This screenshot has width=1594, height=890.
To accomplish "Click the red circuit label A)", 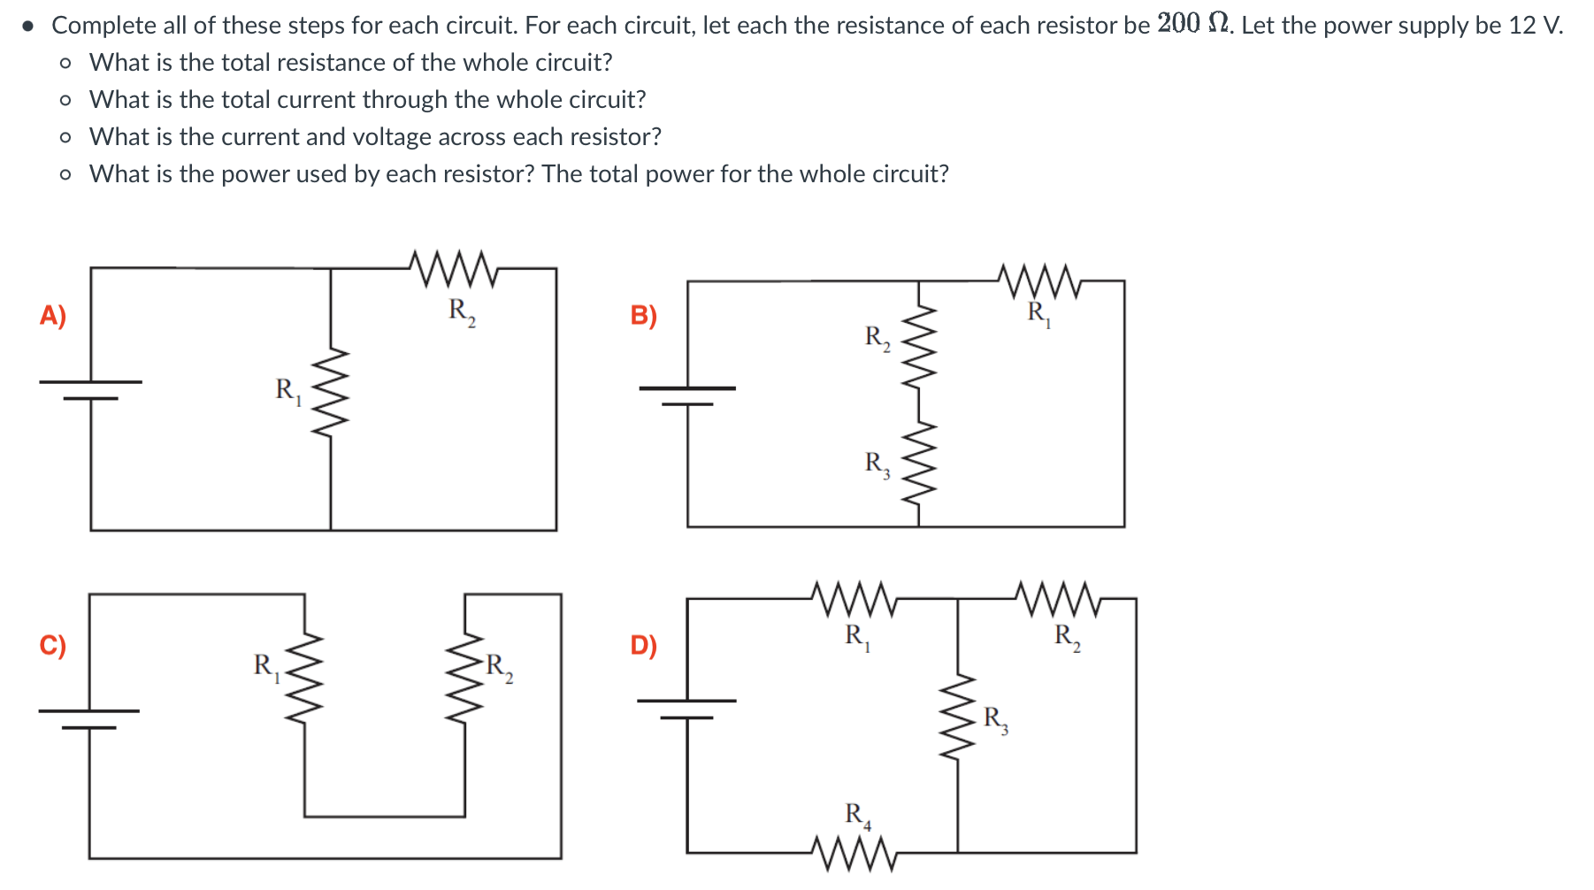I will point(53,316).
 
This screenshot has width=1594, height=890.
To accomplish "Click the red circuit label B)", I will point(643,316).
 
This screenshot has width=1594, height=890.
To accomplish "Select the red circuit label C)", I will point(53,645).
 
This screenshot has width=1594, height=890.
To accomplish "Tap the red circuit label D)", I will point(643,645).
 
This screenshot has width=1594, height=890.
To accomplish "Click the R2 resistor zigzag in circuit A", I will point(455,269).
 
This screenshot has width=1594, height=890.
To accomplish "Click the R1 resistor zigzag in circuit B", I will point(1039,282).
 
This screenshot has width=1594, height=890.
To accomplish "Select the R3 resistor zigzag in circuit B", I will point(919,462).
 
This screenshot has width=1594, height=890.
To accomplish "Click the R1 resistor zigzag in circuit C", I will point(305,678).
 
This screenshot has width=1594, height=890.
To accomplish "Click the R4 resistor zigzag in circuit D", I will point(854,853).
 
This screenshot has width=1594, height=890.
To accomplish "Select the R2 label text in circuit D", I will point(1067,636).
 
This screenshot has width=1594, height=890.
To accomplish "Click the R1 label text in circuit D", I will point(857,636).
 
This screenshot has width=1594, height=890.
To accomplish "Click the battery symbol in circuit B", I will point(687,395).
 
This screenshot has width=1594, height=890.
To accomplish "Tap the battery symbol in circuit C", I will point(88,718).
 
